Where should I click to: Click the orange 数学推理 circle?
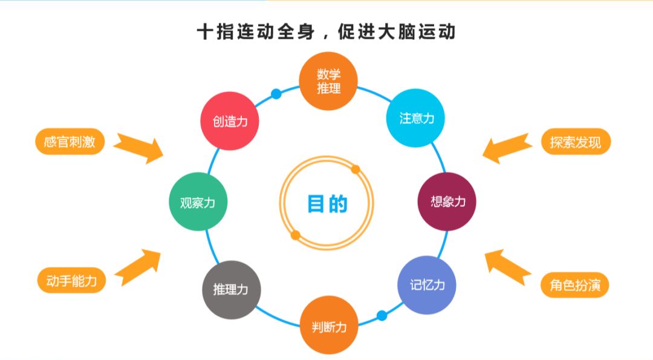pos(329,81)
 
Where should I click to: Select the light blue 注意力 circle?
pos(416,118)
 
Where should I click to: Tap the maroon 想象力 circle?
pos(447,201)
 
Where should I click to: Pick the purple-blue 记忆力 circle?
pos(426,285)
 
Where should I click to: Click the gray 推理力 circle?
pos(231,290)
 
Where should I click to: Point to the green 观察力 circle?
pos(198,203)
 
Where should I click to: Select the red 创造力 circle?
pos(230,122)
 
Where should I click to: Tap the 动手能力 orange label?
pos(71,281)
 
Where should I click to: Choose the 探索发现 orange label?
pos(576,143)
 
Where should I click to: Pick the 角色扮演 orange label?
pos(575,285)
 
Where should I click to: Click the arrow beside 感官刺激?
pos(140,146)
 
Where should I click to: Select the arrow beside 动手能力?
pos(138,266)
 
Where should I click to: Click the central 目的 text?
pos(327,204)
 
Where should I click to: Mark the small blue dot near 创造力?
pos(276,94)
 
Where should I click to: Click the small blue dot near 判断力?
pos(382,315)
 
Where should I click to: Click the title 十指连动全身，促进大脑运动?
pos(326,31)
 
